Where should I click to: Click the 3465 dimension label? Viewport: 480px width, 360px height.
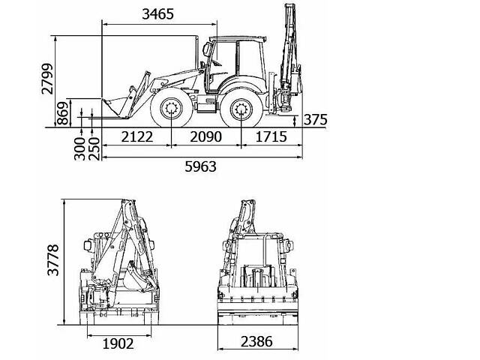[x=158, y=14]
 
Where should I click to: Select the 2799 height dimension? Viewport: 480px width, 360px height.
[x=47, y=79]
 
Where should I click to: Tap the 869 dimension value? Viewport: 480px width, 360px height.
[x=63, y=113]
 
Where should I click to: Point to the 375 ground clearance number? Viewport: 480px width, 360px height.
[x=315, y=120]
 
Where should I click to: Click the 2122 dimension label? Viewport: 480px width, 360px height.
[x=136, y=136]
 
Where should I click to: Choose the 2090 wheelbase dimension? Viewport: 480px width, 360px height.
[x=205, y=136]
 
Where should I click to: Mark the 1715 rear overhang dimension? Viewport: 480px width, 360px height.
[x=271, y=136]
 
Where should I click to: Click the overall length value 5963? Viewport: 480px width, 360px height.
[x=200, y=166]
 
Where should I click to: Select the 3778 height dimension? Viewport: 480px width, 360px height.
[x=53, y=260]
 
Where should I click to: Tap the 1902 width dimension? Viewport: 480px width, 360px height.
[x=118, y=343]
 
